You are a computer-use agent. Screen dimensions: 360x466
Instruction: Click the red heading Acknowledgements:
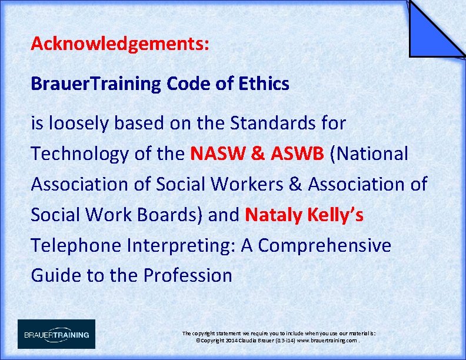tap(120, 44)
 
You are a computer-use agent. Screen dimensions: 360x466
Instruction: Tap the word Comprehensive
tap(324, 245)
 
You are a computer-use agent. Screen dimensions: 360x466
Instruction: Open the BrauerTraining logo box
tap(56, 334)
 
